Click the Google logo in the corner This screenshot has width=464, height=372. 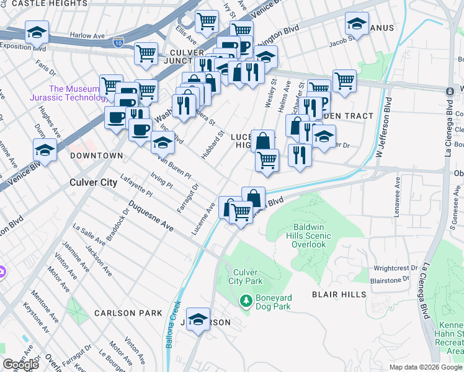coord(20,365)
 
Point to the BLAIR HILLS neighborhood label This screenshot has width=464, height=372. coord(339,294)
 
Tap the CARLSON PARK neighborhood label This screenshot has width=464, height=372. coord(128,313)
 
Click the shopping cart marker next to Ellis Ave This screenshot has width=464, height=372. coord(207,22)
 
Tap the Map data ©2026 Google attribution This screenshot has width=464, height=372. coord(426,367)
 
